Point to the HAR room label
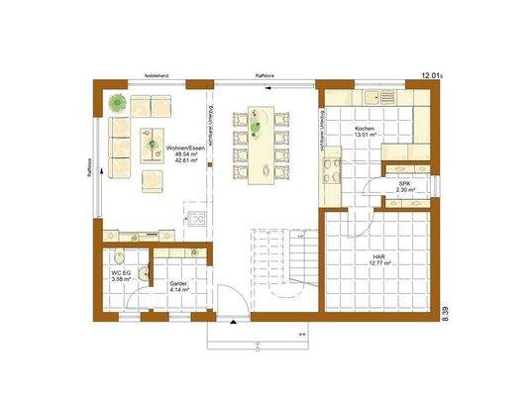(x=379, y=257)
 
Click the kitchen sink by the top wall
(x=378, y=97)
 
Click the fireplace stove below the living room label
(x=196, y=217)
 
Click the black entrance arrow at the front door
(x=231, y=322)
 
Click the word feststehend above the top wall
(x=158, y=74)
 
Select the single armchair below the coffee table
(x=153, y=179)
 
